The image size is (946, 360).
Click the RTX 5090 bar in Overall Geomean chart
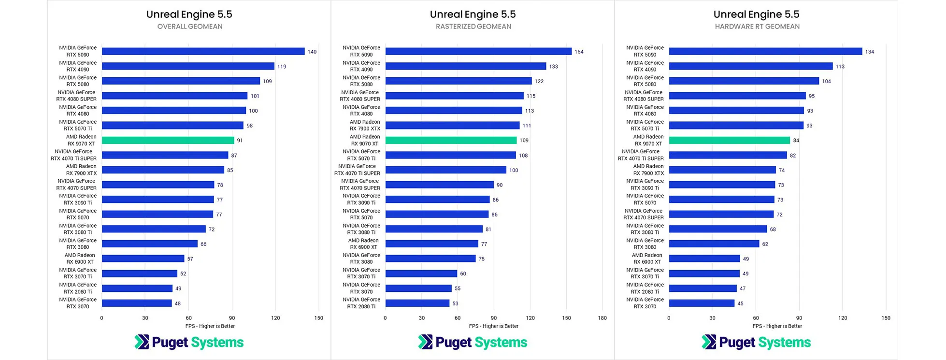coord(203,51)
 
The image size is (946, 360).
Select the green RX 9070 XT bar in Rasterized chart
coord(451,140)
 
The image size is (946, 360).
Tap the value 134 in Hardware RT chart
coord(870,52)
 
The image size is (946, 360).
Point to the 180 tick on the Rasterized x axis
coord(602,318)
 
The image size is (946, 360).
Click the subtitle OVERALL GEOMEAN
coord(190,27)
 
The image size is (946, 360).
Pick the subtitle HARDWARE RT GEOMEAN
coord(757,27)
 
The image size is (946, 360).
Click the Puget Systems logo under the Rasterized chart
coord(473,342)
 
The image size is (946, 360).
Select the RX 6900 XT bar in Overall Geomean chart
coord(143,259)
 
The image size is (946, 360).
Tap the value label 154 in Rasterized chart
coord(579,52)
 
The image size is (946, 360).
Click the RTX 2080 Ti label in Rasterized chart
coord(361,303)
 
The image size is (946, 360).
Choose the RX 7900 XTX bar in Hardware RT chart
coord(722,170)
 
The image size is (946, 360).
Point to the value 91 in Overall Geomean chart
coord(240,141)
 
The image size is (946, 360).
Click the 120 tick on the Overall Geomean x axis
coord(275,318)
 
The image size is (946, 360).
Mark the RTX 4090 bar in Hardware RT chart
coord(751,66)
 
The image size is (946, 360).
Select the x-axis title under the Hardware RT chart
coord(777,326)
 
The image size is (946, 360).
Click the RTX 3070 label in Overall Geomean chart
coord(78,303)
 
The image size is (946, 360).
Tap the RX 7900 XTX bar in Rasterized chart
coord(452,125)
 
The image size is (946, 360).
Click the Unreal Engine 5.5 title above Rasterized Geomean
coord(473,14)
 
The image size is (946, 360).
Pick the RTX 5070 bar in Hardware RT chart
coord(721,200)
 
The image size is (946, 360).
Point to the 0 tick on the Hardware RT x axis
coord(669,318)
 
